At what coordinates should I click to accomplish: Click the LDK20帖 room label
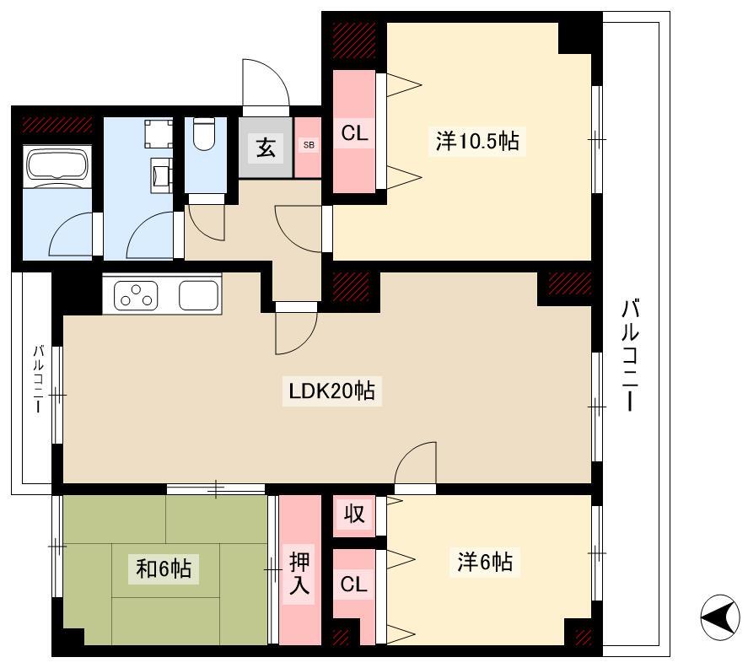point(332,391)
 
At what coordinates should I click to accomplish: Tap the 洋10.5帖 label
point(477,141)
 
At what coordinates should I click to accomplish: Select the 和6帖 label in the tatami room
point(164,568)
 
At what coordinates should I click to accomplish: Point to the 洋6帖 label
point(485,562)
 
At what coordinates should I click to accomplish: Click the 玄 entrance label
point(266,148)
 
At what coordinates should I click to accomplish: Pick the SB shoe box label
point(309,145)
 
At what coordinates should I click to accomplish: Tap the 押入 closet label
point(299,574)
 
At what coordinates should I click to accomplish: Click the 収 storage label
point(354,514)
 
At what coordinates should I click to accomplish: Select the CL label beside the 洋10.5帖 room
point(354,133)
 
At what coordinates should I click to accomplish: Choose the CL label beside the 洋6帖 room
point(353,584)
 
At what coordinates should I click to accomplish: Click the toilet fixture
point(205,134)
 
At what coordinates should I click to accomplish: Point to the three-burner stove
point(137,296)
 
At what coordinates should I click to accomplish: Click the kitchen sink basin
point(198,295)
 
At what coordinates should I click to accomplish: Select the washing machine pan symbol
point(159,134)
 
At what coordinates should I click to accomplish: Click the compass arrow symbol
point(720,617)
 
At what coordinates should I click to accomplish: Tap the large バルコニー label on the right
point(630,354)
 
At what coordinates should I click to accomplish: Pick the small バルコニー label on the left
point(39,379)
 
